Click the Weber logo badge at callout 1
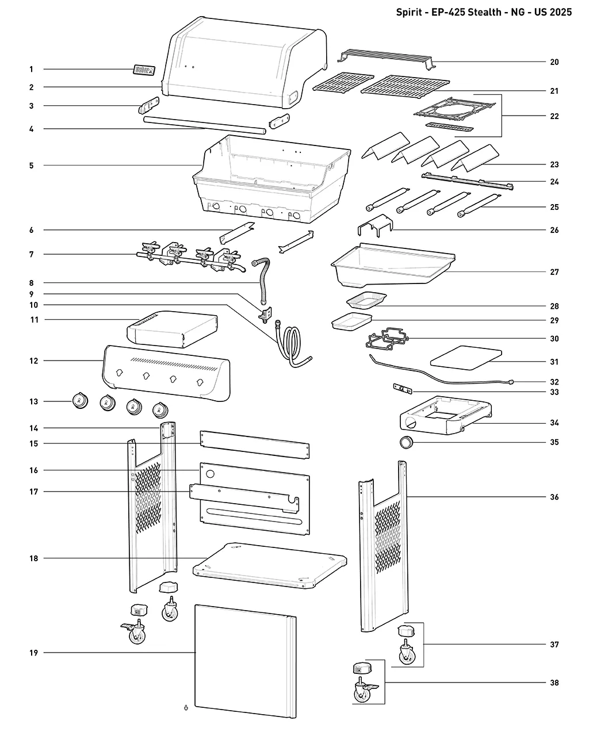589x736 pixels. [x=144, y=70]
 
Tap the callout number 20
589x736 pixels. [x=554, y=62]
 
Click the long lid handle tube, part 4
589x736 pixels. [x=205, y=125]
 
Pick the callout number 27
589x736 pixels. [x=554, y=272]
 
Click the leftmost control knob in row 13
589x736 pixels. [x=81, y=401]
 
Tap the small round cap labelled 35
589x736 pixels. [x=407, y=442]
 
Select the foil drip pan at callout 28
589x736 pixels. [x=366, y=301]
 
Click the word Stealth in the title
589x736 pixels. [x=484, y=12]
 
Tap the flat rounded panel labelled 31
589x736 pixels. [x=466, y=358]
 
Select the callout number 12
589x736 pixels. [x=33, y=361]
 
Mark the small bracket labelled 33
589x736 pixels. [x=403, y=389]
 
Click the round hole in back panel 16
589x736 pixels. [x=211, y=474]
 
